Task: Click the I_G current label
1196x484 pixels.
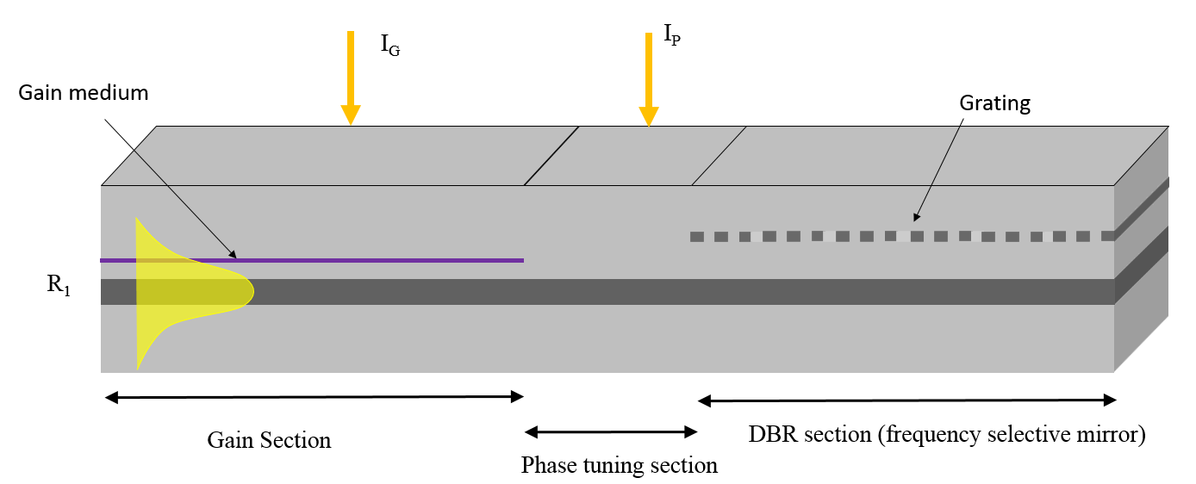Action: [390, 45]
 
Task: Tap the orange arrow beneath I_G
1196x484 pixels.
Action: [350, 78]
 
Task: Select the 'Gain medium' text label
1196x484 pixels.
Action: [83, 93]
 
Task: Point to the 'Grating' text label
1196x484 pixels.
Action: [995, 104]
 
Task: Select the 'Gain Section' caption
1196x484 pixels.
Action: [269, 440]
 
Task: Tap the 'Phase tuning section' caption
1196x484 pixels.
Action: [619, 466]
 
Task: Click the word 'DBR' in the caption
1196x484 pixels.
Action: [774, 435]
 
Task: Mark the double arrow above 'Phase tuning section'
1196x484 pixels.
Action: [611, 431]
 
